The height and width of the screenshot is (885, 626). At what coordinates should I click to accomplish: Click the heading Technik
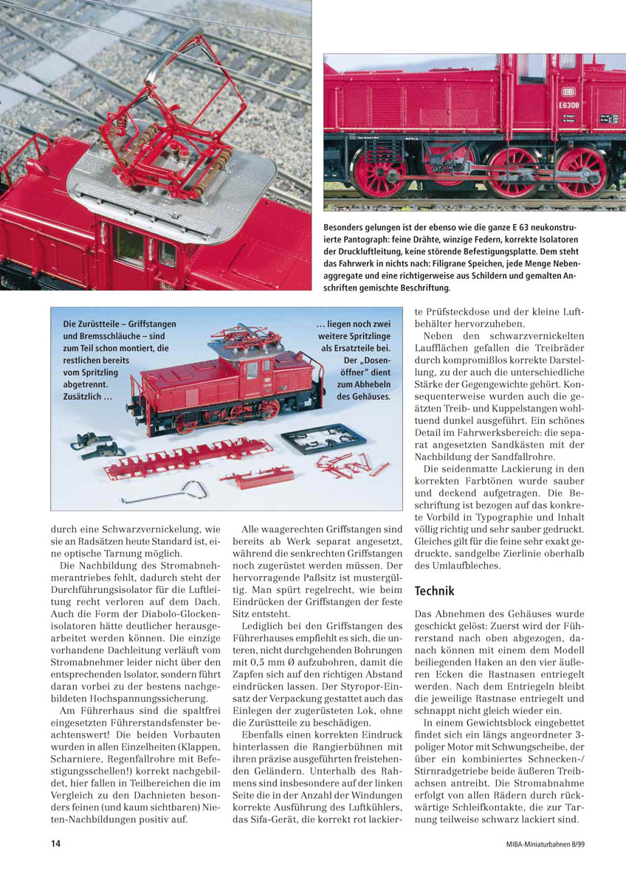point(434,591)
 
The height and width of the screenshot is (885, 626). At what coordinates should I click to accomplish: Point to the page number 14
point(55,844)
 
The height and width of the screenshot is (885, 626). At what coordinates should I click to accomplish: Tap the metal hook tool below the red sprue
point(165,492)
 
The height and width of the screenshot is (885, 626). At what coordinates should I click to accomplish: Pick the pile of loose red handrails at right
point(349,465)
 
